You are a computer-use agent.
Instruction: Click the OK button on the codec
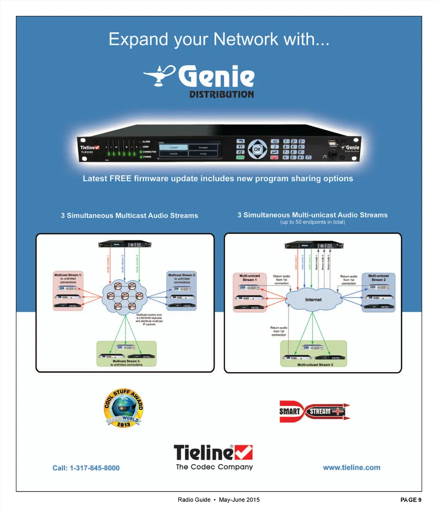(257, 149)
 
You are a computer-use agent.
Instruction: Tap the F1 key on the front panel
(240, 146)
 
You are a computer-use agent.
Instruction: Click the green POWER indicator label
(147, 157)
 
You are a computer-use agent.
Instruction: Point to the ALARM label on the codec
(146, 141)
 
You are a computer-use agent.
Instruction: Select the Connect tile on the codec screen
(173, 147)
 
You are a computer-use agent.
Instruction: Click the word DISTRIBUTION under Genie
(221, 95)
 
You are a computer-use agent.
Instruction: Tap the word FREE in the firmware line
(120, 179)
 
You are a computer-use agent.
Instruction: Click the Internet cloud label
(313, 300)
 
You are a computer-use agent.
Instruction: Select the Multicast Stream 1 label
(68, 275)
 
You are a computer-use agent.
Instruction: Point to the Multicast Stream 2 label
(182, 275)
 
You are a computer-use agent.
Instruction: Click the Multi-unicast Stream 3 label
(315, 364)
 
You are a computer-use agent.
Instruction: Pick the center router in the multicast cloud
(125, 296)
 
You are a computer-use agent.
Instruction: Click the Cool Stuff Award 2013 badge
(123, 408)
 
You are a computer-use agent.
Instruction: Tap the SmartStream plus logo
(314, 412)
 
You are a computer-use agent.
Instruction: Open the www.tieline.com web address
(351, 468)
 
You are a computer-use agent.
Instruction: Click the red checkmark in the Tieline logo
(244, 453)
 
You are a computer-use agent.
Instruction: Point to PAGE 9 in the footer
(411, 500)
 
